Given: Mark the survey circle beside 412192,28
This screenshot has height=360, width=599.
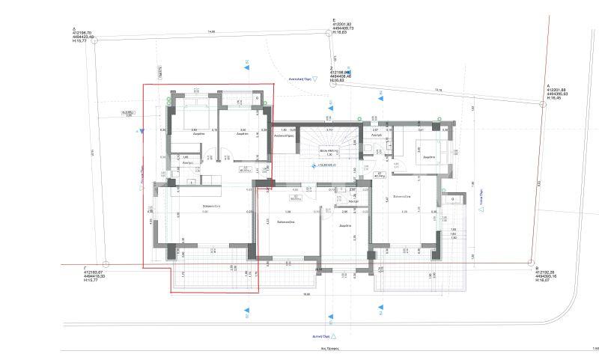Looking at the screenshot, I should (532, 264).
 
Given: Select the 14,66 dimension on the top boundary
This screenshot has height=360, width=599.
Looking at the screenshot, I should (211, 31).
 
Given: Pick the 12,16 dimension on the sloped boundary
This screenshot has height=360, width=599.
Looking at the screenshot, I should (438, 91).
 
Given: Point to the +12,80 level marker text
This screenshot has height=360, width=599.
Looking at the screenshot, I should (328, 165).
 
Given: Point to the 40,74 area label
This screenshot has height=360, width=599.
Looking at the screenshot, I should (381, 175).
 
